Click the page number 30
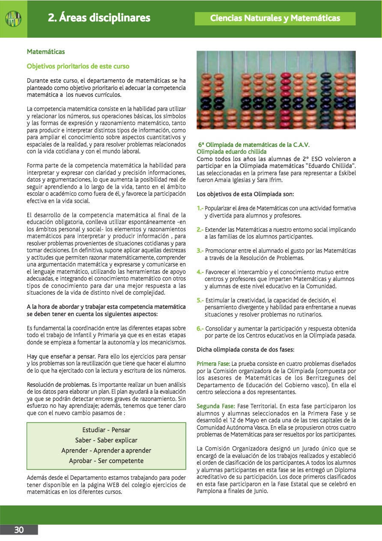19,530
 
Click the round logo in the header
13,18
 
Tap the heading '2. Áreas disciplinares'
99,18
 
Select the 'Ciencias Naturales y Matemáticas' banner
275,18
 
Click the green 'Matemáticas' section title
46,52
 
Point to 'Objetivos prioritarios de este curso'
78,66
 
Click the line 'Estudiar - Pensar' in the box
106,430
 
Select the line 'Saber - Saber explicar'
106,440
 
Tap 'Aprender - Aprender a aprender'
106,451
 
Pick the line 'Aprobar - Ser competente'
106,461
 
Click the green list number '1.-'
200,208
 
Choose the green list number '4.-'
200,272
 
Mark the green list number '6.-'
200,329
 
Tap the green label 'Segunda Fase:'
215,406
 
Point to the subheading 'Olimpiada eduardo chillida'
231,152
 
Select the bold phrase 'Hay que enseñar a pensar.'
61,356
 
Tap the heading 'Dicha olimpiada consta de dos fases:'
245,350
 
